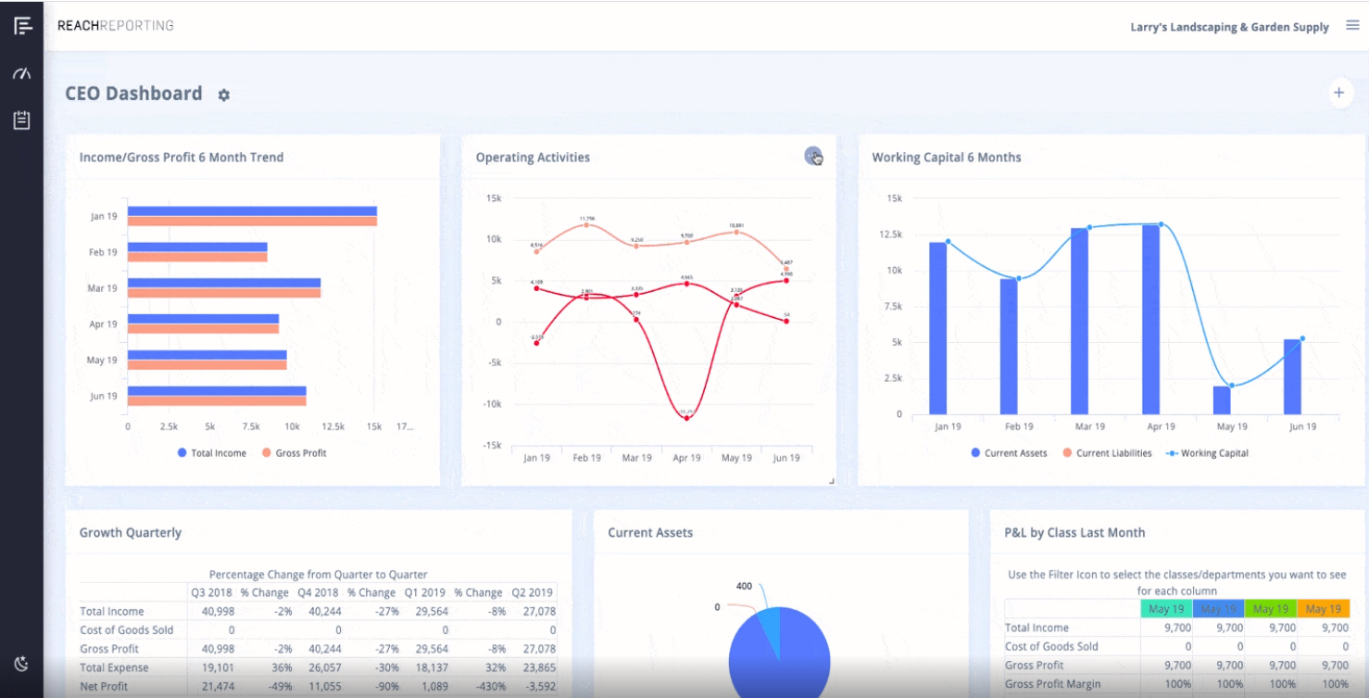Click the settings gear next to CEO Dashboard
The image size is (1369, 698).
pos(223,95)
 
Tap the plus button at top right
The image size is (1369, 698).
pos(1338,93)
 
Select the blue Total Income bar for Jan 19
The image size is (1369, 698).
pos(252,210)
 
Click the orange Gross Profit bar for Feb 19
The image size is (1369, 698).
pos(197,257)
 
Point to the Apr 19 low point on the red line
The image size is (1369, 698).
pos(686,418)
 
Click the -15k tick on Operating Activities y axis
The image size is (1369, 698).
pos(493,445)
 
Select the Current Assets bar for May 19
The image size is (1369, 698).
pos(1222,400)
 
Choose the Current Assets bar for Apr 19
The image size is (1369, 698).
pos(1150,319)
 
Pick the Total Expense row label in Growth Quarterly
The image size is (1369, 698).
pos(114,667)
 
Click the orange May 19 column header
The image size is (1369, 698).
pos(1323,609)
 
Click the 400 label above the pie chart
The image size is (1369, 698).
pos(743,586)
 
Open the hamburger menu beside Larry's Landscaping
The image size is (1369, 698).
pos(1351,26)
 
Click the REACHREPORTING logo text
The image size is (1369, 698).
pos(116,25)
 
